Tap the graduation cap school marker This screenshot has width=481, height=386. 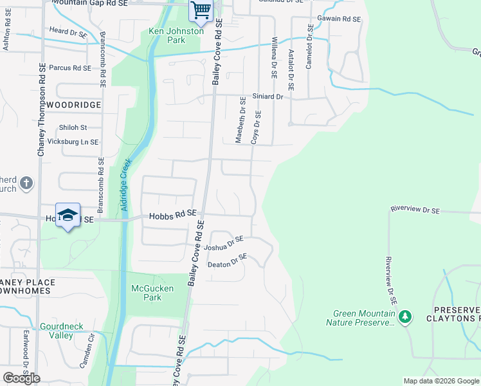click(68, 216)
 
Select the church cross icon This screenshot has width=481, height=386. click(26, 184)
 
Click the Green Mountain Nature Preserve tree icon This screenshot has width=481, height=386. click(405, 316)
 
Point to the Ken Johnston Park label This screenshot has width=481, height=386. click(176, 35)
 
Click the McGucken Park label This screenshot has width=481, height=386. click(152, 293)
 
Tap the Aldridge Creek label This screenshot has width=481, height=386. click(126, 186)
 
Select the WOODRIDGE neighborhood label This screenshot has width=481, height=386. click(74, 104)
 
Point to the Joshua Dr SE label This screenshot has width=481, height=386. click(224, 244)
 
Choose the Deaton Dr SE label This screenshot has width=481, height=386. click(227, 261)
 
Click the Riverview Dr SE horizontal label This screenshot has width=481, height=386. click(415, 210)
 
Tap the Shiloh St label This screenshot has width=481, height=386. click(73, 127)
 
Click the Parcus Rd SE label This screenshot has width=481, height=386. click(70, 68)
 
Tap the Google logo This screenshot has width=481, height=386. click(21, 378)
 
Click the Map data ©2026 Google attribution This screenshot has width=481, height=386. click(440, 381)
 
